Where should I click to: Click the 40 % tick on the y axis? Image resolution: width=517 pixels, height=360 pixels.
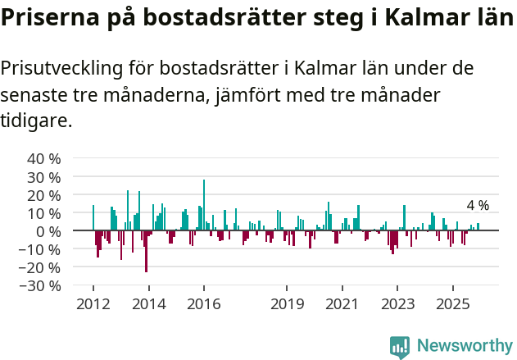pyautogui.click(x=44, y=158)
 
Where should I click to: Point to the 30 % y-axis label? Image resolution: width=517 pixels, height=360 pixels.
pyautogui.click(x=44, y=177)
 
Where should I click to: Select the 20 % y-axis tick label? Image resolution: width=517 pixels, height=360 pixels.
pyautogui.click(x=44, y=195)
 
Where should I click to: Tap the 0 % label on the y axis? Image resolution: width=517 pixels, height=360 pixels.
pyautogui.click(x=49, y=231)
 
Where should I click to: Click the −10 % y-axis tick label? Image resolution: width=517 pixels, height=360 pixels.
pyautogui.click(x=41, y=249)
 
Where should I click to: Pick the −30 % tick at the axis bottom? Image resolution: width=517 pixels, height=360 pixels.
pyautogui.click(x=41, y=286)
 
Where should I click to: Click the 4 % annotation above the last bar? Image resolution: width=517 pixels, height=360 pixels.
pyautogui.click(x=478, y=205)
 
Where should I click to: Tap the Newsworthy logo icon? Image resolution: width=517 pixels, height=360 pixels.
pyautogui.click(x=400, y=347)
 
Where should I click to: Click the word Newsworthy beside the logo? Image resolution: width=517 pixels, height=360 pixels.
pyautogui.click(x=465, y=347)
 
